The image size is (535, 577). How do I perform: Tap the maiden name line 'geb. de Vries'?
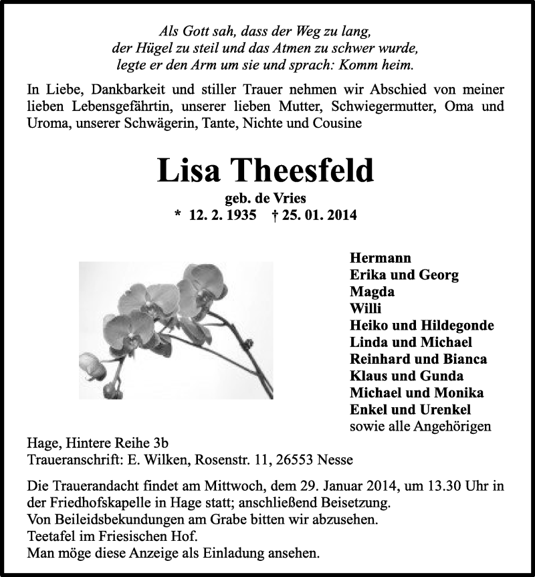[x=265, y=199]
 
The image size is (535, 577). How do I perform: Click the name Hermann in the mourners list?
[x=381, y=257]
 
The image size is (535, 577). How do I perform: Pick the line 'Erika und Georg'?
[x=404, y=275]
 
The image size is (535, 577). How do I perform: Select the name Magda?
[x=372, y=292]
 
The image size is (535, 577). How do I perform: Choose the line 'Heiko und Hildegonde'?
[x=421, y=326]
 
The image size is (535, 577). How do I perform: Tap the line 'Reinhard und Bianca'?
[x=418, y=359]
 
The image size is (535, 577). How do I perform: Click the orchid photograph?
[x=176, y=330]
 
